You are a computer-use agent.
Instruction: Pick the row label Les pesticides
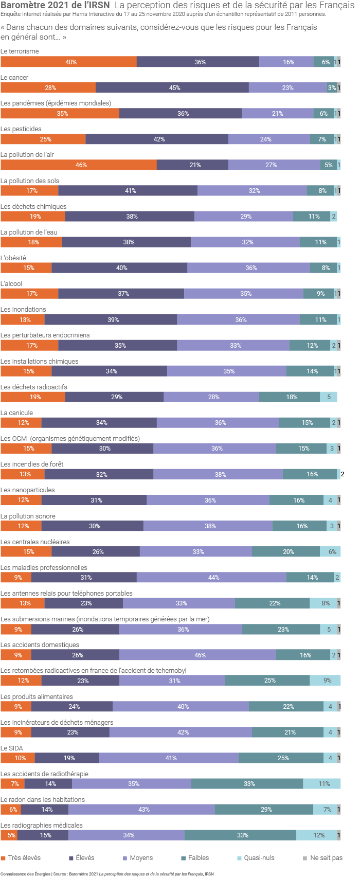(21, 129)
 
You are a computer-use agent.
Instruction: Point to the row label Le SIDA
(12, 748)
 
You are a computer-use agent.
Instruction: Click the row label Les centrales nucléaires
(35, 542)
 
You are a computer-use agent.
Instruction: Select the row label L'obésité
(13, 258)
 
